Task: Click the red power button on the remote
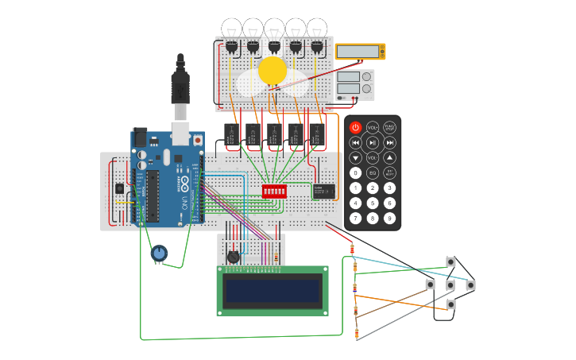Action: [355, 127]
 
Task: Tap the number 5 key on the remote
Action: [373, 203]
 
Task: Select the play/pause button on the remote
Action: [373, 142]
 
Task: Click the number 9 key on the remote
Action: [390, 218]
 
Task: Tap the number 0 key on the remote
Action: [355, 172]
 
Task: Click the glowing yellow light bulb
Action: [273, 70]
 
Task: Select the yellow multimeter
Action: [360, 52]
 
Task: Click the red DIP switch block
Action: [274, 192]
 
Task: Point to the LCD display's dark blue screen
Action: [273, 291]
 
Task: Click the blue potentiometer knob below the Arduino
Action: [159, 254]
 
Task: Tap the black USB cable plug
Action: [180, 83]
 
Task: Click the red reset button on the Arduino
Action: [197, 141]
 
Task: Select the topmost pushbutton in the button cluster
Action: [450, 261]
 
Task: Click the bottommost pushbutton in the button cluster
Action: [450, 304]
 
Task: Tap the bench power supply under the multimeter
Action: [354, 85]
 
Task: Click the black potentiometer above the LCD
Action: [233, 257]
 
